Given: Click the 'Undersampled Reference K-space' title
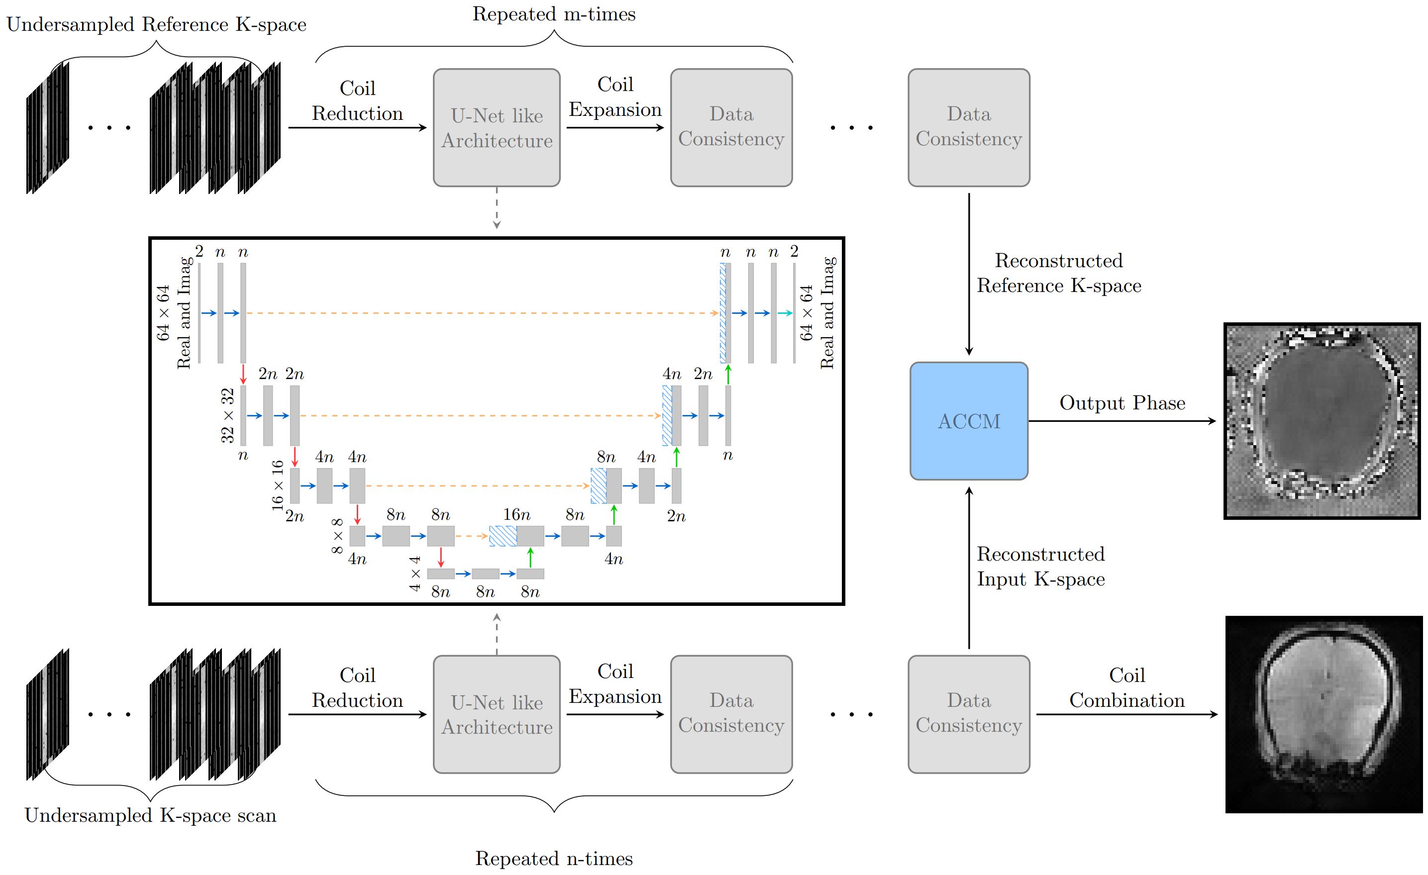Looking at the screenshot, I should (156, 24).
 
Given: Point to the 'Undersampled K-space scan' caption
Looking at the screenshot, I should (150, 815).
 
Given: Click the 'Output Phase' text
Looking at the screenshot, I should (1122, 403).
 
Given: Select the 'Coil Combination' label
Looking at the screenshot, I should (1126, 688).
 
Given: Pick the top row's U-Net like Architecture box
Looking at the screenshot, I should (497, 128).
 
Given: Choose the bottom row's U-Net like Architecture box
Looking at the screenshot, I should (497, 714).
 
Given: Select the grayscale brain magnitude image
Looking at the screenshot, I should (1324, 714).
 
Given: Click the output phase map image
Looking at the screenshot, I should (1322, 421).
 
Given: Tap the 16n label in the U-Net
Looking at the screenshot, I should (516, 514).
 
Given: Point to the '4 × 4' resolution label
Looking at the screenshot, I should (415, 574).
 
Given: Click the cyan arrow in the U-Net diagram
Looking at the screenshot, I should (785, 313).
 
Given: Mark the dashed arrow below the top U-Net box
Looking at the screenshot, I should (497, 208).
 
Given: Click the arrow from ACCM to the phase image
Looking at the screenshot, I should (1122, 421).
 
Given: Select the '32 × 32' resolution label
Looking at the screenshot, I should (228, 415).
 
